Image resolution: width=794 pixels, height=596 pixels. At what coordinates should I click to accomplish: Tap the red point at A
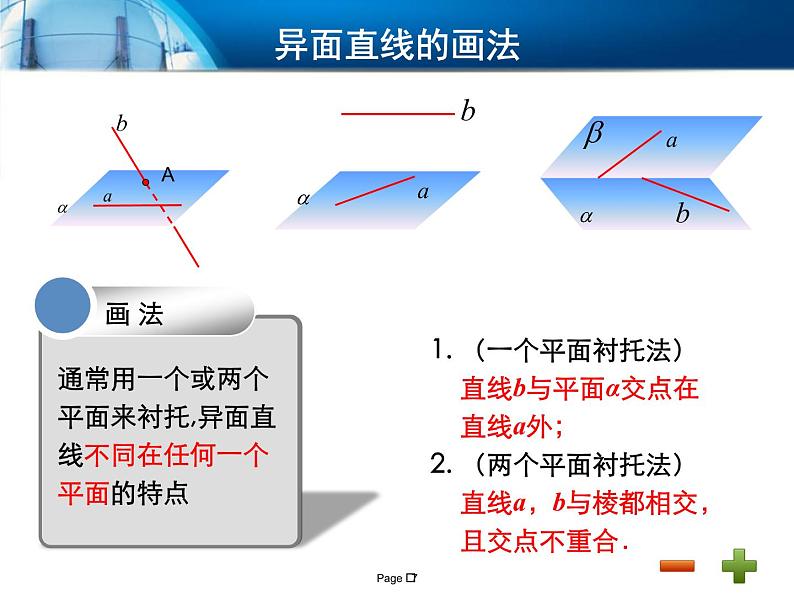point(146,182)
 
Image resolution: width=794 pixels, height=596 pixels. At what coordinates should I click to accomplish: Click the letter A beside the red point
point(168,175)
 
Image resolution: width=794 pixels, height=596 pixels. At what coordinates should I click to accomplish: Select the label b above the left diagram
point(122,124)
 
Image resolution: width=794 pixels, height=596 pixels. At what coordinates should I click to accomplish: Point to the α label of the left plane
point(63,208)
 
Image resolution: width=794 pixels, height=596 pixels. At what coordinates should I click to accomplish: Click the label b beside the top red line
point(467,111)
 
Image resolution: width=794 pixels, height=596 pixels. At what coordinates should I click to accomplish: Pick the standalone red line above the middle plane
point(397,113)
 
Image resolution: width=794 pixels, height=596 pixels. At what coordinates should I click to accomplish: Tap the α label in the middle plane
point(304,198)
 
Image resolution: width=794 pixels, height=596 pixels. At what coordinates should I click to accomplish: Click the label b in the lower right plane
point(682,213)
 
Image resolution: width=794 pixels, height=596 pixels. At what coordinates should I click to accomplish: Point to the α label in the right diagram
point(586,214)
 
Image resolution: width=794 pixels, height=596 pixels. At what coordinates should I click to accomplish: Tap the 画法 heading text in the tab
point(134,314)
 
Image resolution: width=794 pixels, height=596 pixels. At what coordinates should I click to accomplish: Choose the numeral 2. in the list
point(442,464)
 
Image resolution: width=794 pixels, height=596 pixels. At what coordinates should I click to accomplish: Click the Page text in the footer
point(389,578)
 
